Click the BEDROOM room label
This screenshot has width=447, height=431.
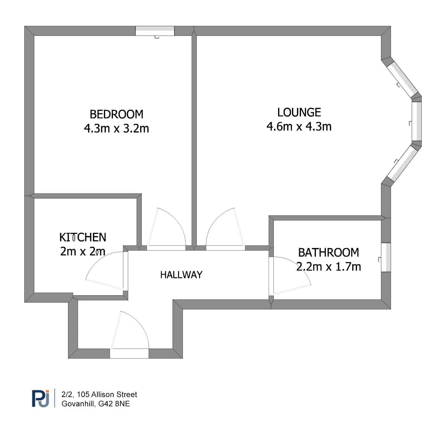[x=116, y=114]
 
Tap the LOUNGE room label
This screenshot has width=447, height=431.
[x=299, y=113]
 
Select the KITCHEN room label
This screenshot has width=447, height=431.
[x=83, y=237]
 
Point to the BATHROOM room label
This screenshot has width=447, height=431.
[x=329, y=253]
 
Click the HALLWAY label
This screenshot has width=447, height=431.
[x=181, y=275]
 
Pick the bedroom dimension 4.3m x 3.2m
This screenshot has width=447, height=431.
[x=116, y=128]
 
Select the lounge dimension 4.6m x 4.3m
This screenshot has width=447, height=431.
[x=299, y=126]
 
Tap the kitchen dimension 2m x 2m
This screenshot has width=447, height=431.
[x=83, y=251]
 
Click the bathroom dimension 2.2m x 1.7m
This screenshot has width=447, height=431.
[x=329, y=266]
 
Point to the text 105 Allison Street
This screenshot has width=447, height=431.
[x=107, y=394]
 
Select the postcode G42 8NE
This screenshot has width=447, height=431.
[x=114, y=404]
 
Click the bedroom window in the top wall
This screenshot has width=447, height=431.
[x=155, y=31]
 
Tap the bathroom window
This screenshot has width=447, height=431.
[x=386, y=257]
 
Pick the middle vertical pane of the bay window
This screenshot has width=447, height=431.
[x=417, y=121]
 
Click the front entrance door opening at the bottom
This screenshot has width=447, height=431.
[x=129, y=353]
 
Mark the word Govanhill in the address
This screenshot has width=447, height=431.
[x=78, y=404]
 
